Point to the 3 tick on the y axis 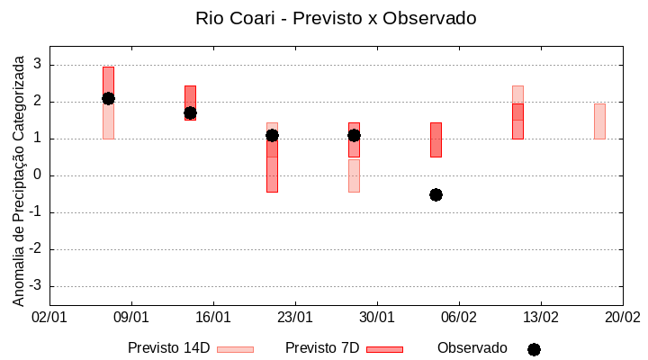38,65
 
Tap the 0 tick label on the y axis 38,175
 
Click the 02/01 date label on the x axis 49,318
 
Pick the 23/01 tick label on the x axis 295,318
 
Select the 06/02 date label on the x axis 459,318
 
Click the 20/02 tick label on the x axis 622,318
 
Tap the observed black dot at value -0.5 436,194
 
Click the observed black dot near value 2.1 108,98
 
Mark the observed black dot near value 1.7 190,113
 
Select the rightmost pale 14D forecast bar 599,121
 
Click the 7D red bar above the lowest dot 436,139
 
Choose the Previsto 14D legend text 168,348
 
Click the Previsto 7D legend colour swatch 384,349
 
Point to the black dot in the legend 534,349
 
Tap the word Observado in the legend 472,348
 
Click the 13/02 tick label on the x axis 541,318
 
